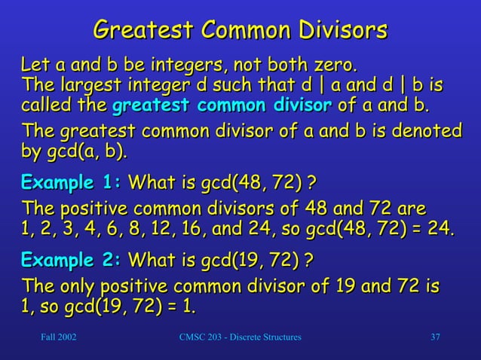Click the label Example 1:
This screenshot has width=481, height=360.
click(x=72, y=182)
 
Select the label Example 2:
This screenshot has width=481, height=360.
click(x=72, y=261)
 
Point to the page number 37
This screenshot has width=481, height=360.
click(x=435, y=336)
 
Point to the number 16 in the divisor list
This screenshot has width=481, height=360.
click(x=203, y=230)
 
